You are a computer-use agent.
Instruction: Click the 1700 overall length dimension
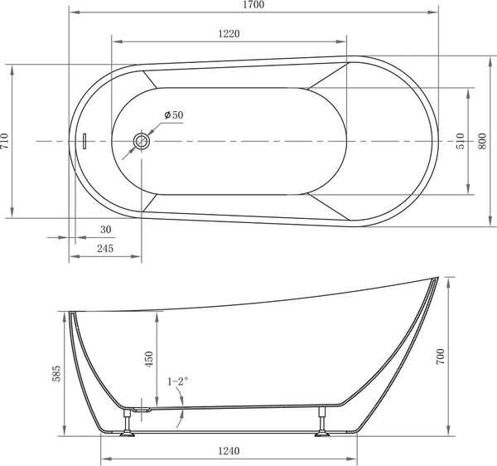point(253,6)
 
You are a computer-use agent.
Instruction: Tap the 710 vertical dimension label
point(6,142)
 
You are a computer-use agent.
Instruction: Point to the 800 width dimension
point(483,142)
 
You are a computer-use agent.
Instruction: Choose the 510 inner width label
point(461,142)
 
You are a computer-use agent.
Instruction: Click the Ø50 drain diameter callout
point(173,114)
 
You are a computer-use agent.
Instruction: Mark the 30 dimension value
point(105,230)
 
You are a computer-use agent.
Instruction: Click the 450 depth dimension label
point(150,358)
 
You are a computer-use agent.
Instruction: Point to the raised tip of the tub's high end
point(436,279)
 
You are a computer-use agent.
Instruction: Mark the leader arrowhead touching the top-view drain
point(150,135)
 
